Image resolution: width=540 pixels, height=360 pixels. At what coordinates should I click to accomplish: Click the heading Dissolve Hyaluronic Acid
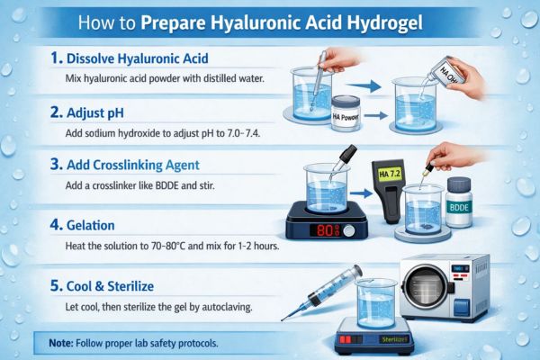[138, 58]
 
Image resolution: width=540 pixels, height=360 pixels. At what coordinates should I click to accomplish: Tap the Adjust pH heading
[95, 113]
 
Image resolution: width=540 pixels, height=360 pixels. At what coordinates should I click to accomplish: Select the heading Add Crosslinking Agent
[133, 165]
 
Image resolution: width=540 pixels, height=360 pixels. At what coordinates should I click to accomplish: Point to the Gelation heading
[91, 225]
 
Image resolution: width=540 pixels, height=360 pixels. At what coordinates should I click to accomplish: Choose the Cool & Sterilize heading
[110, 286]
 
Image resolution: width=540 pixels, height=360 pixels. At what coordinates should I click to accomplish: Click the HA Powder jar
[346, 113]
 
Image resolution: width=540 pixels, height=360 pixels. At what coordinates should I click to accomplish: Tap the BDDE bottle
[459, 202]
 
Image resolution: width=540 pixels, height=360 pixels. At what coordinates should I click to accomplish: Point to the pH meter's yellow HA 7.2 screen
[390, 174]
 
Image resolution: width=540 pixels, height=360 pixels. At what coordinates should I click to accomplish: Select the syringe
[322, 292]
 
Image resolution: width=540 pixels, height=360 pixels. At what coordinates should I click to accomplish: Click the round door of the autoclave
[426, 286]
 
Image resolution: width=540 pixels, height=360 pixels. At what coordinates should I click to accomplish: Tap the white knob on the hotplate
[349, 230]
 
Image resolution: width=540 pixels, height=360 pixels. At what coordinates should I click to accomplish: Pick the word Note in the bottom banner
[61, 343]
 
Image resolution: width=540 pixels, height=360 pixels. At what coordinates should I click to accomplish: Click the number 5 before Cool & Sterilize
[55, 286]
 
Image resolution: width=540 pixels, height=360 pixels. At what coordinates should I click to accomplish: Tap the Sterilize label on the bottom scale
[395, 339]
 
